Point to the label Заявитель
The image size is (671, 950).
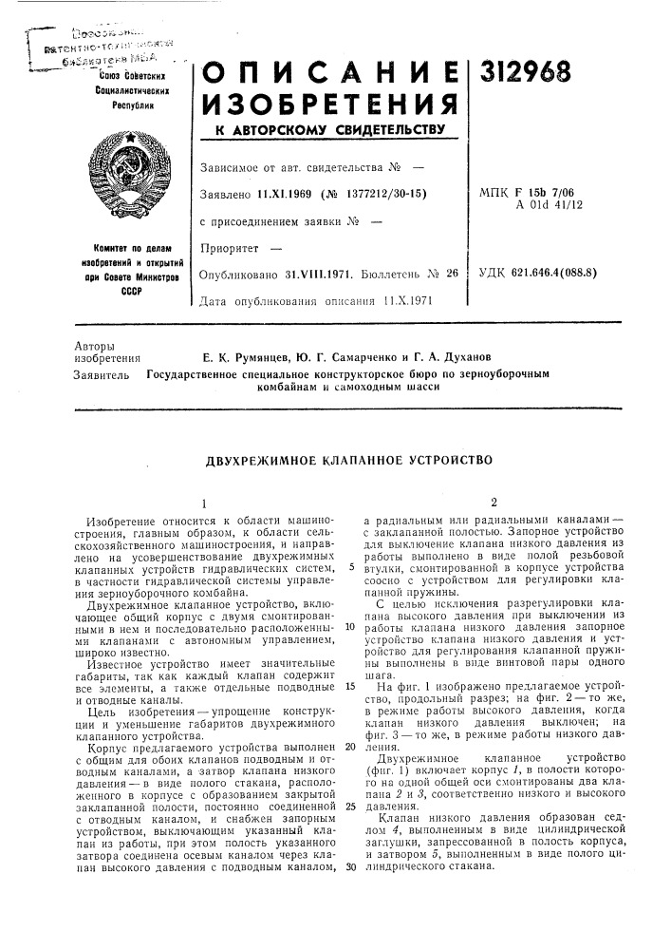point(100,375)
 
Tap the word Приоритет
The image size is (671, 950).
point(231,248)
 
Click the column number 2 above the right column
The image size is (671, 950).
point(494,502)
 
